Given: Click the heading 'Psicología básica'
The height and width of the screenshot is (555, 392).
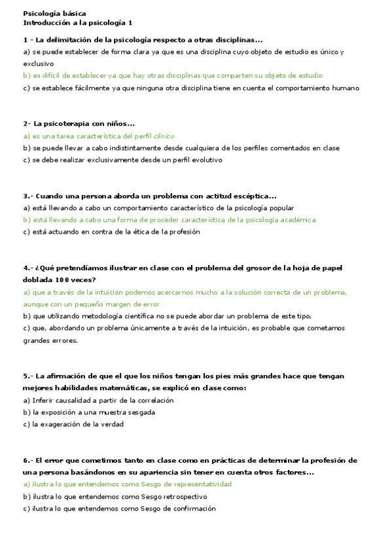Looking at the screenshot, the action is click(54, 13).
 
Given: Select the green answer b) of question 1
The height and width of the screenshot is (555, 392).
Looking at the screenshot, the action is click(173, 76).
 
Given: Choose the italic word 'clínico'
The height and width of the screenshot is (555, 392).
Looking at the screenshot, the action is click(164, 136).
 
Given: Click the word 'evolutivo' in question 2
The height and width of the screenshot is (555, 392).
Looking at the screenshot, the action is click(207, 160).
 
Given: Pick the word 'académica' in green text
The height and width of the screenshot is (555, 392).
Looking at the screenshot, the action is click(294, 220).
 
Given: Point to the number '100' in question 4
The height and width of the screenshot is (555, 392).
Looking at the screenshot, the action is click(73, 279).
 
